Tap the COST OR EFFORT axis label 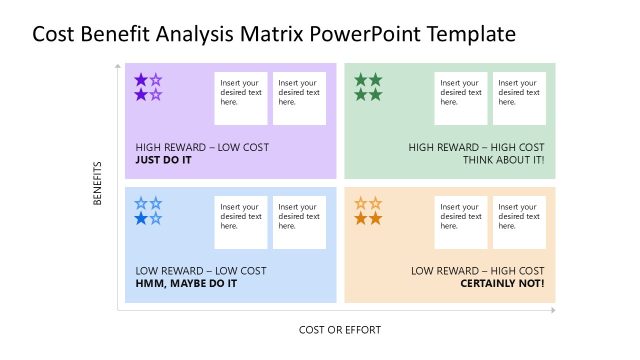click(x=340, y=329)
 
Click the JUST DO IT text click(x=163, y=159)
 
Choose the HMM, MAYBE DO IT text click(x=186, y=283)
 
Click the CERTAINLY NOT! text click(x=502, y=283)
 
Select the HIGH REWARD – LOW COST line click(x=202, y=147)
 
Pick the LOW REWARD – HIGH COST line click(x=478, y=271)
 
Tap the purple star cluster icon click(x=148, y=87)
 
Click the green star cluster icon click(x=368, y=87)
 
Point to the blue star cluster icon click(x=148, y=211)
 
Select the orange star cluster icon click(x=368, y=211)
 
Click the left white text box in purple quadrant click(x=241, y=98)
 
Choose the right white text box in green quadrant click(x=518, y=98)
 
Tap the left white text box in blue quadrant click(x=241, y=222)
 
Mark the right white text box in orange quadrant click(x=518, y=222)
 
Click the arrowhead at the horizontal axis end click(x=552, y=311)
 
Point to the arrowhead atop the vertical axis click(x=118, y=63)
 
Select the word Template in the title click(x=471, y=34)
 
